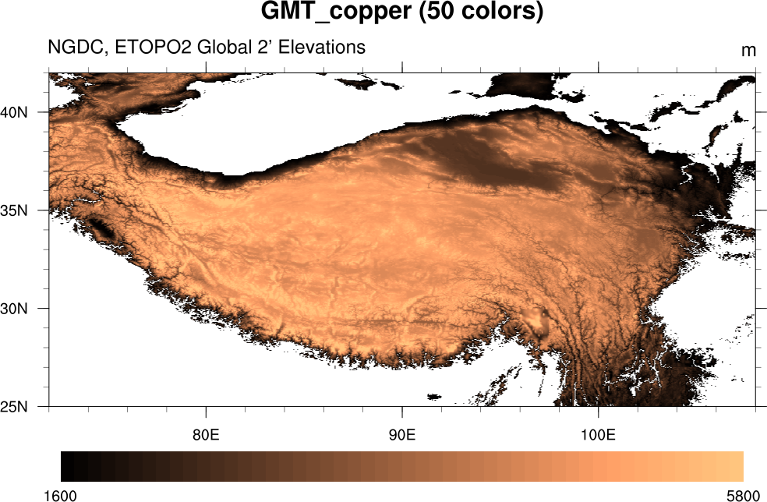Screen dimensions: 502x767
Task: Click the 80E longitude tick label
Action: (206, 433)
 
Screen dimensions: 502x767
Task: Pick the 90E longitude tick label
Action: (401, 433)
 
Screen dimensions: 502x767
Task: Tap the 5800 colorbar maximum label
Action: (742, 495)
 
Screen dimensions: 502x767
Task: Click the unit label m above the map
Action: (748, 51)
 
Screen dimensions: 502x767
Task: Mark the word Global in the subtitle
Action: (224, 48)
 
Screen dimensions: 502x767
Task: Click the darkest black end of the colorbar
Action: (66, 466)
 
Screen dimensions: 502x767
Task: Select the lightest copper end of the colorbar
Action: (737, 466)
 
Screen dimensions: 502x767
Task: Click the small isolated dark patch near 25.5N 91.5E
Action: (433, 396)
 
